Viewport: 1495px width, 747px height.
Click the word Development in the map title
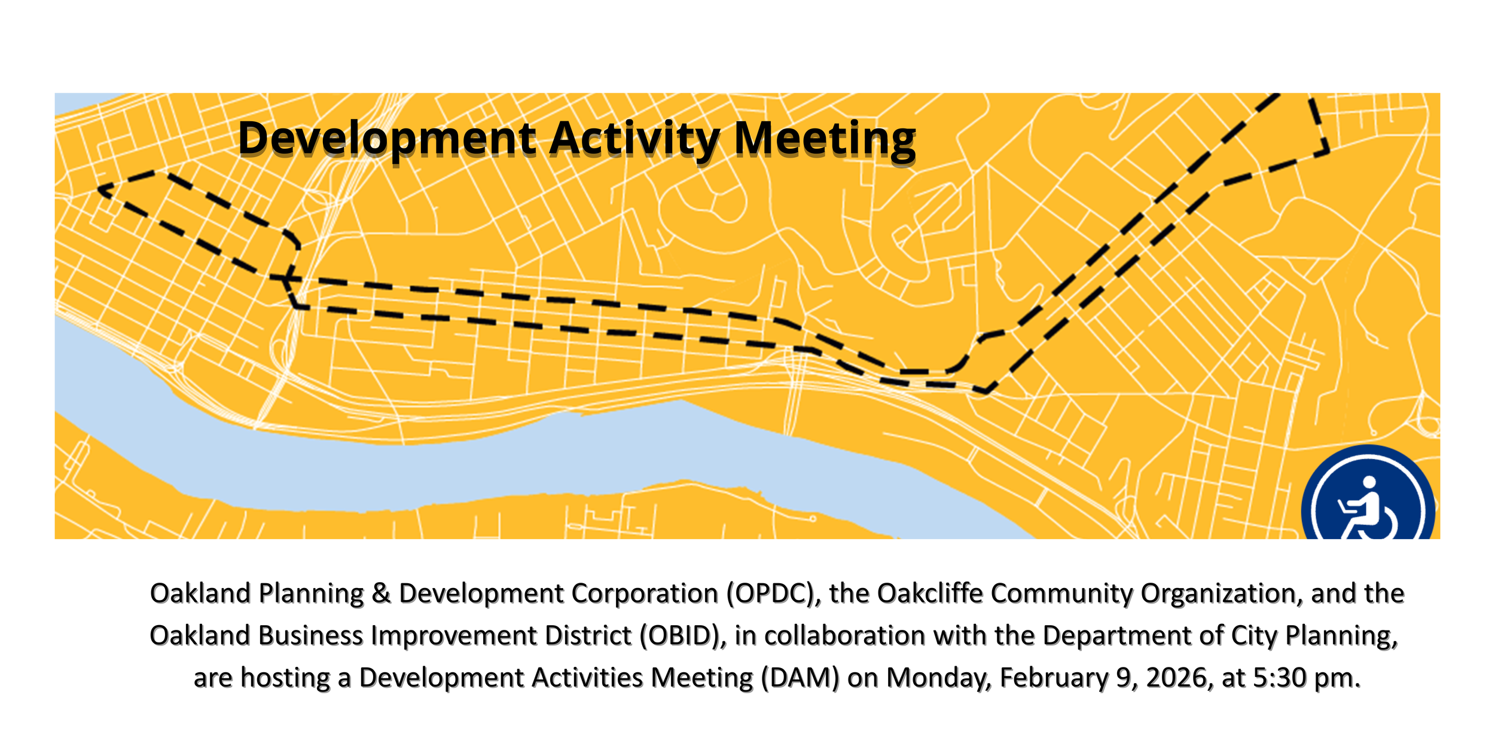pos(387,139)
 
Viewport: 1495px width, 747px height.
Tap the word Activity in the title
pos(634,139)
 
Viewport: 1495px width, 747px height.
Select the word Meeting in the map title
pos(824,139)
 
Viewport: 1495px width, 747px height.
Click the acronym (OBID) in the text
pos(683,636)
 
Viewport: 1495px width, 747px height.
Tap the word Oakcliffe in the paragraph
pos(930,594)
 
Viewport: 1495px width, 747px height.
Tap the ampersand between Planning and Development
pos(381,594)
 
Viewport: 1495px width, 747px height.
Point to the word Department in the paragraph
pos(1117,636)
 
